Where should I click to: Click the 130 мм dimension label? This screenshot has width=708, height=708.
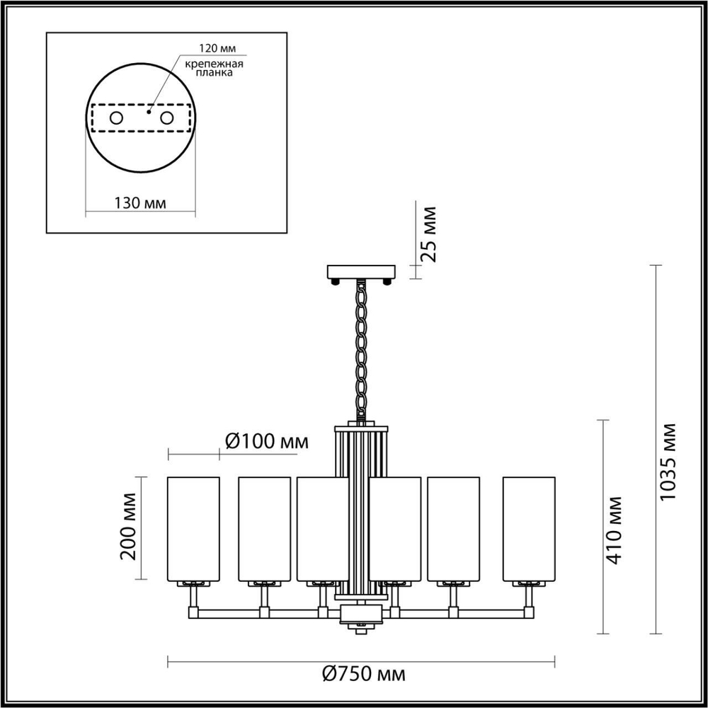[140, 203]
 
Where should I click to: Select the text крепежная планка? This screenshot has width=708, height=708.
[215, 68]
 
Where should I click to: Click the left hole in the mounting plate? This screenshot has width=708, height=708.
[115, 118]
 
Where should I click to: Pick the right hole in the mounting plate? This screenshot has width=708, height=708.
[167, 118]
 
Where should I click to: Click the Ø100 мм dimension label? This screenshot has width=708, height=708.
[266, 441]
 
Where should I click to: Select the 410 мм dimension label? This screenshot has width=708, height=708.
[615, 529]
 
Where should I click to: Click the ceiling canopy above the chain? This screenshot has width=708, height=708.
[361, 271]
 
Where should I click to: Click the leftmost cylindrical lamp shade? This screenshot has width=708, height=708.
[193, 529]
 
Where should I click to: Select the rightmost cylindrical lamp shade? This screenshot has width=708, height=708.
[529, 529]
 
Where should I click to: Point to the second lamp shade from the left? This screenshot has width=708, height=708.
[264, 529]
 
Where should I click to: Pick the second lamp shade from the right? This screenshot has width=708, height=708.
[454, 529]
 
